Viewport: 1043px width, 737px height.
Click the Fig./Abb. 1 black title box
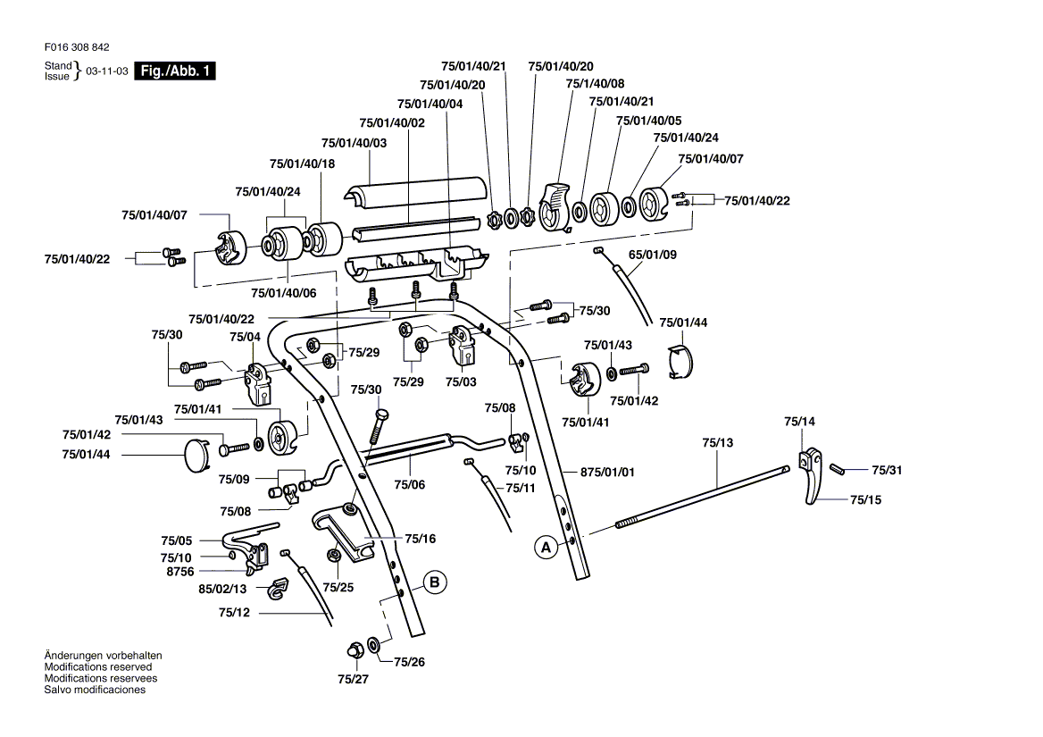point(175,71)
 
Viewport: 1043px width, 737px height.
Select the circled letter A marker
point(544,546)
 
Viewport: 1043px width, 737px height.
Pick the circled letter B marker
point(434,582)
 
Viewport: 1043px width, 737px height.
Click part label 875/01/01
point(607,472)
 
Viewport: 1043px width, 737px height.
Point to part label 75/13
point(717,442)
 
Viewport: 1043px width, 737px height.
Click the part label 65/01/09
point(653,255)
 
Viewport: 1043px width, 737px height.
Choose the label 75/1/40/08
point(596,83)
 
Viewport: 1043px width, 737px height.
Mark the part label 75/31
point(887,470)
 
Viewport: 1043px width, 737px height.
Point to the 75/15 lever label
point(865,499)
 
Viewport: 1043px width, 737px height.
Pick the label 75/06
point(410,484)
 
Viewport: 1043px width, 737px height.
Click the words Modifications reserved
point(98,666)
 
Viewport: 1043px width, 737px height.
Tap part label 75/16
point(420,539)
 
